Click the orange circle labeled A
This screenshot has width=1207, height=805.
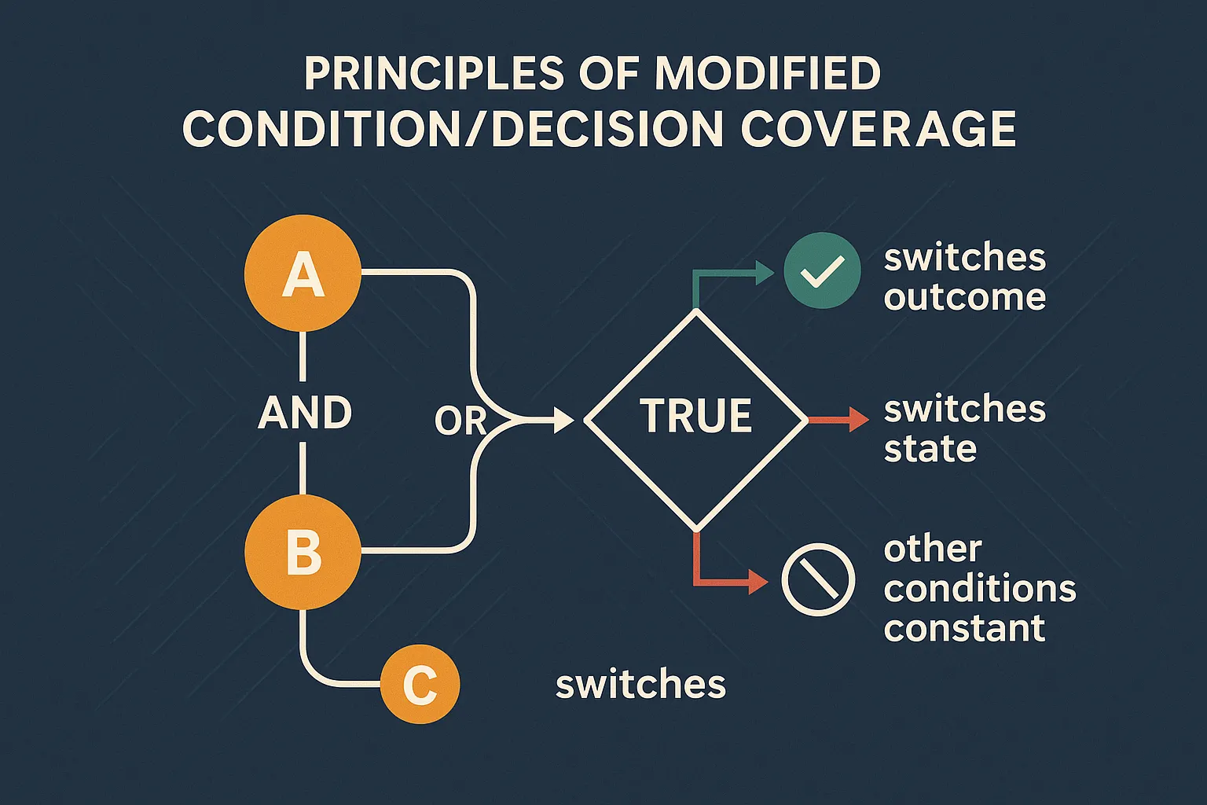point(303,274)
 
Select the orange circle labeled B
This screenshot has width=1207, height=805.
point(303,552)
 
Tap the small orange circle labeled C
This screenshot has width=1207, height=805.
point(420,684)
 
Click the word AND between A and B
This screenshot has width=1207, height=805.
point(305,413)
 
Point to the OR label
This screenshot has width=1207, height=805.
point(460,421)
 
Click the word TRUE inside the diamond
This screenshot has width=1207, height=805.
point(696,415)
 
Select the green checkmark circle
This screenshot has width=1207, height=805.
point(822,270)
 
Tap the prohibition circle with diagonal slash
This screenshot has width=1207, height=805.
point(818,579)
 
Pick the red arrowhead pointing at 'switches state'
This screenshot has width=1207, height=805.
point(859,420)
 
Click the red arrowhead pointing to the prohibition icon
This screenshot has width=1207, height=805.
point(758,582)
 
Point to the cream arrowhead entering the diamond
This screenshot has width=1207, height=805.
point(564,420)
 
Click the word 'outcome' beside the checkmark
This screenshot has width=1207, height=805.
point(964,297)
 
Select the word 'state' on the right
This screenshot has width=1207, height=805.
point(930,449)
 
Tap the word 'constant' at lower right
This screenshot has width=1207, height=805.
point(964,628)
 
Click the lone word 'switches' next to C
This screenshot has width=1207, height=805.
point(640,684)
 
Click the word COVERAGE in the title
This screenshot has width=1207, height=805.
point(878,130)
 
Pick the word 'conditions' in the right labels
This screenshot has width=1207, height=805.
point(980,588)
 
